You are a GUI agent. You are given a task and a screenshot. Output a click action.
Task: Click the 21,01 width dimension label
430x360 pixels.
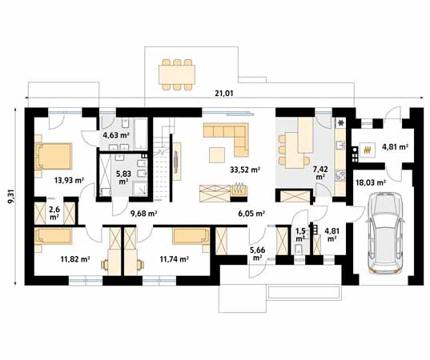[x=223, y=94]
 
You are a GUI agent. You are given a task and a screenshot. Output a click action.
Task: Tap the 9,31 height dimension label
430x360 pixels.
[x=11, y=198]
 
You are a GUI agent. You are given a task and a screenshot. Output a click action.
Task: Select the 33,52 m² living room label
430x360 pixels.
[x=245, y=170]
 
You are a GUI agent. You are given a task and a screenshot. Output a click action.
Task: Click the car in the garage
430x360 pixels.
[x=384, y=233]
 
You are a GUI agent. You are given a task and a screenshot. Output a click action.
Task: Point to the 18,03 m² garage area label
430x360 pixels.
[x=371, y=182]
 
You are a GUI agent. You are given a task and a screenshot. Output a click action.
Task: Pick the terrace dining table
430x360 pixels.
[x=177, y=74]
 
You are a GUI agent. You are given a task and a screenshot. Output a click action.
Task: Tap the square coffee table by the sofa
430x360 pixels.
[x=217, y=155]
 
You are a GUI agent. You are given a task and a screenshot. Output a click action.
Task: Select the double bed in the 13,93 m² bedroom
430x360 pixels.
[x=54, y=156]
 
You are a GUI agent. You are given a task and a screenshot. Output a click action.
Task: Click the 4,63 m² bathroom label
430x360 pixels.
[x=116, y=134]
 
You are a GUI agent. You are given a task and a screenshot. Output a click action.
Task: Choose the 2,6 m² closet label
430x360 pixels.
[x=54, y=214]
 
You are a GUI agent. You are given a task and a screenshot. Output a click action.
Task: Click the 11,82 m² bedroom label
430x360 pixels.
[x=75, y=259]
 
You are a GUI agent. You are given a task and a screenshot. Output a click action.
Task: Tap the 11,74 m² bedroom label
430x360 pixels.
[x=174, y=259]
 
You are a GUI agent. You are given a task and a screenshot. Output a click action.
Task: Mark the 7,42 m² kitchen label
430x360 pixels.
[x=320, y=173]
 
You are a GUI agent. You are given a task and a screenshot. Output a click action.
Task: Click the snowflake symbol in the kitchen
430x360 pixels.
[x=341, y=122]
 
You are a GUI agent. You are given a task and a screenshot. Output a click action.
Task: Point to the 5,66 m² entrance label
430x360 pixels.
[x=257, y=254]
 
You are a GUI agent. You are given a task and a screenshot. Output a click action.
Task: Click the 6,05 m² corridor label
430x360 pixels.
[x=251, y=214]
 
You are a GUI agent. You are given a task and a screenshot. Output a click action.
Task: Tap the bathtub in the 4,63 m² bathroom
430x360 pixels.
[x=141, y=134]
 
